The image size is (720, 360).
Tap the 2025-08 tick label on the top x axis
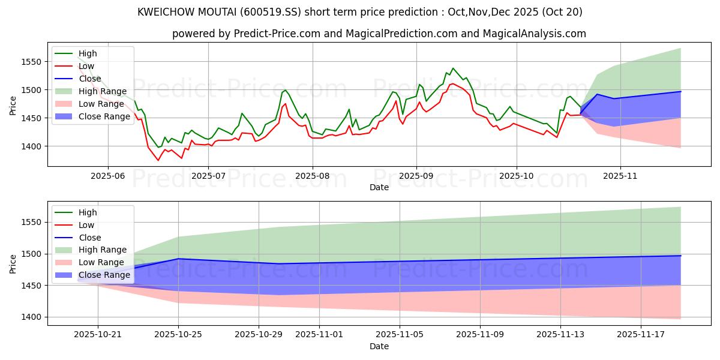[312, 176]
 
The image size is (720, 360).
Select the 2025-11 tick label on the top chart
[620, 176]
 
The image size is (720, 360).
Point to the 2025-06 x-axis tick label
[107, 176]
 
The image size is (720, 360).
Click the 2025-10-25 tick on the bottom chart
[178, 335]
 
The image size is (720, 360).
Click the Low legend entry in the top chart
[87, 66]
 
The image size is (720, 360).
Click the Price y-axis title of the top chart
[13, 105]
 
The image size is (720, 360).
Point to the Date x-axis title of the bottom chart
[379, 346]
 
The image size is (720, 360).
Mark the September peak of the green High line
[453, 68]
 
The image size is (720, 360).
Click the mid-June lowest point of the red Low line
[158, 160]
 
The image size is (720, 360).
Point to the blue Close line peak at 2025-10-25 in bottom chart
[178, 259]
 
